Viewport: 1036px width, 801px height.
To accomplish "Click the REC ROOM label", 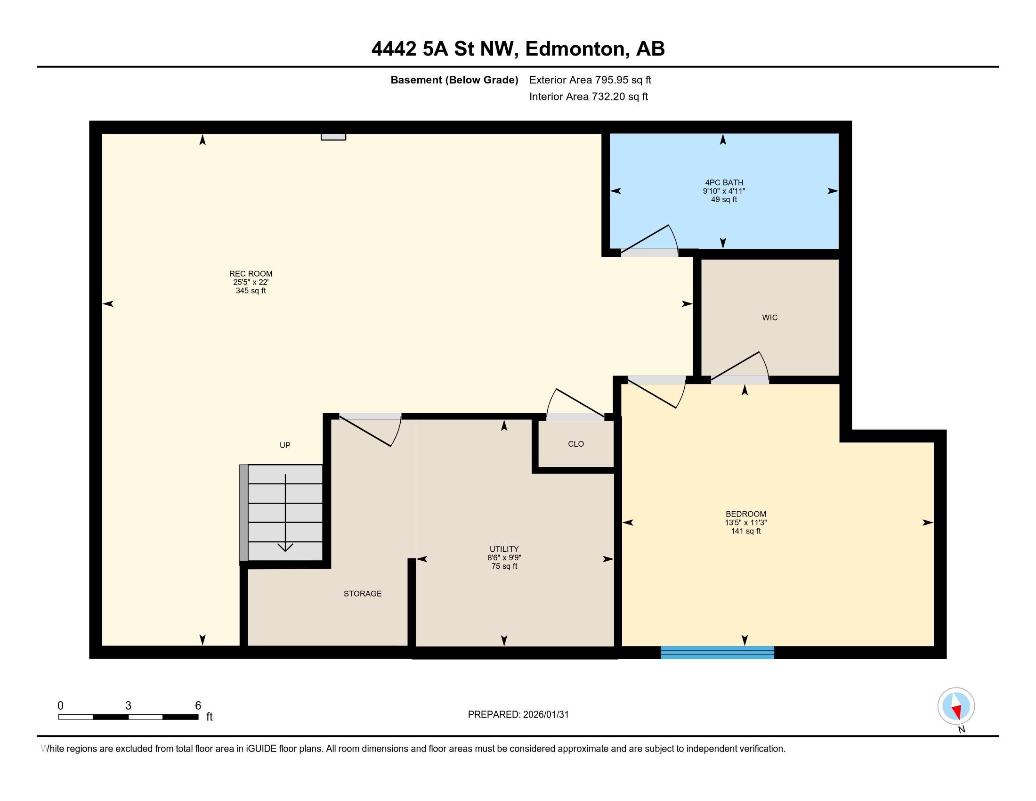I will pyautogui.click(x=251, y=274).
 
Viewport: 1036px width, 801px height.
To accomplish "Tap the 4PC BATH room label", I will pyautogui.click(x=724, y=183).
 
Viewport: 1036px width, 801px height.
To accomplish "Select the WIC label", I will pyautogui.click(x=769, y=318).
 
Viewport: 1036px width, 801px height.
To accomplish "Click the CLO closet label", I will pyautogui.click(x=575, y=444).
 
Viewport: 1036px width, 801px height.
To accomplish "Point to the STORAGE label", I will pyautogui.click(x=363, y=594).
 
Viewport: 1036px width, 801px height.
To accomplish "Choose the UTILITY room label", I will pyautogui.click(x=504, y=549).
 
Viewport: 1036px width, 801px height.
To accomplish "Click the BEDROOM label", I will pyautogui.click(x=745, y=514).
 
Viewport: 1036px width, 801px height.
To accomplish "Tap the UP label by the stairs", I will pyautogui.click(x=284, y=445).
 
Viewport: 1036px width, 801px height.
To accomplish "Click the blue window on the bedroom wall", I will pyautogui.click(x=717, y=653).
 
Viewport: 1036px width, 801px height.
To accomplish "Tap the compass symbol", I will pyautogui.click(x=955, y=706).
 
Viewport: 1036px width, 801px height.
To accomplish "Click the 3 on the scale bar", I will pyautogui.click(x=128, y=706).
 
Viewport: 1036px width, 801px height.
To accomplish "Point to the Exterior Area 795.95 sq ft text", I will pyautogui.click(x=590, y=80).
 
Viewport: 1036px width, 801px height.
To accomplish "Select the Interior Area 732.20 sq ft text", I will pyautogui.click(x=588, y=97).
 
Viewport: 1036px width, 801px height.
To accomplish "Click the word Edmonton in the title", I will pyautogui.click(x=575, y=49).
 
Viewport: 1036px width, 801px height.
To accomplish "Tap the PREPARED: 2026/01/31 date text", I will pyautogui.click(x=518, y=715).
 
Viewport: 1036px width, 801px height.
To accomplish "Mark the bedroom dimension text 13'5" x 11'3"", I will pyautogui.click(x=745, y=523).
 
